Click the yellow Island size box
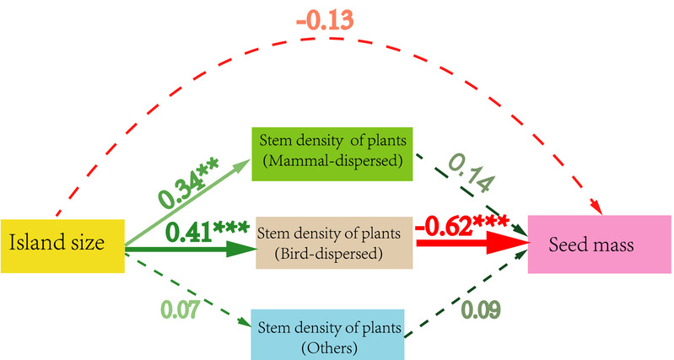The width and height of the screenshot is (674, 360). tap(62, 246)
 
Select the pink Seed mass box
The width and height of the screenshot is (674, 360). tap(599, 244)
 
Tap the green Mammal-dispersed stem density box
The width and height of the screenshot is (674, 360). tap(332, 153)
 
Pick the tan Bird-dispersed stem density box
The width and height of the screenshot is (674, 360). tap(334, 243)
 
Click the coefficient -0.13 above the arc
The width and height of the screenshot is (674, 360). tap(325, 20)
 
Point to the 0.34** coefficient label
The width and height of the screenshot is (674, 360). tap(188, 182)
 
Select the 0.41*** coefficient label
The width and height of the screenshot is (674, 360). tap(208, 232)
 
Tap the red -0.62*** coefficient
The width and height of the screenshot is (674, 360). tap(462, 226)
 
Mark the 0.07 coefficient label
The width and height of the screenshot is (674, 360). tap(181, 309)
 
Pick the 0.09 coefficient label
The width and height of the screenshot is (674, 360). tap(481, 309)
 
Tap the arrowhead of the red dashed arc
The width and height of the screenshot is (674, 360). tap(596, 207)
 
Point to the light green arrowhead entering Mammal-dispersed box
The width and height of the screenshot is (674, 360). tap(243, 164)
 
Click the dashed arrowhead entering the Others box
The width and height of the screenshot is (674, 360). tap(245, 322)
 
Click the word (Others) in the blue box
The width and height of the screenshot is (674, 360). tap(329, 347)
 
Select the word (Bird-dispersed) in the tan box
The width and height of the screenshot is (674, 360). tap(328, 254)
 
